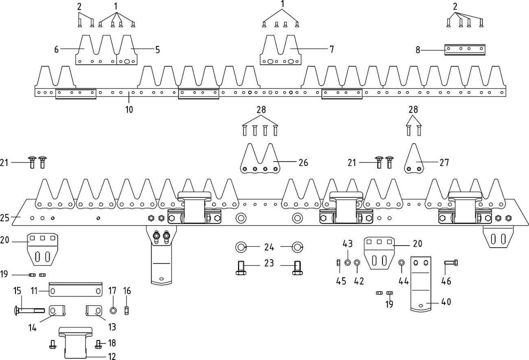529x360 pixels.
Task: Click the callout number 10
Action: coord(129,109)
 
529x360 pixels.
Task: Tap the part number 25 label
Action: coord(5,218)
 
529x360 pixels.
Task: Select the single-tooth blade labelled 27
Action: coord(414,161)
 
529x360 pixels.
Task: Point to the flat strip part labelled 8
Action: coord(465,50)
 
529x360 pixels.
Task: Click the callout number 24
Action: coord(269,247)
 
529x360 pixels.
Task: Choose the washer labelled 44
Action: coord(401,263)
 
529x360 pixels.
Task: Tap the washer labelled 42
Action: coord(357,263)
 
